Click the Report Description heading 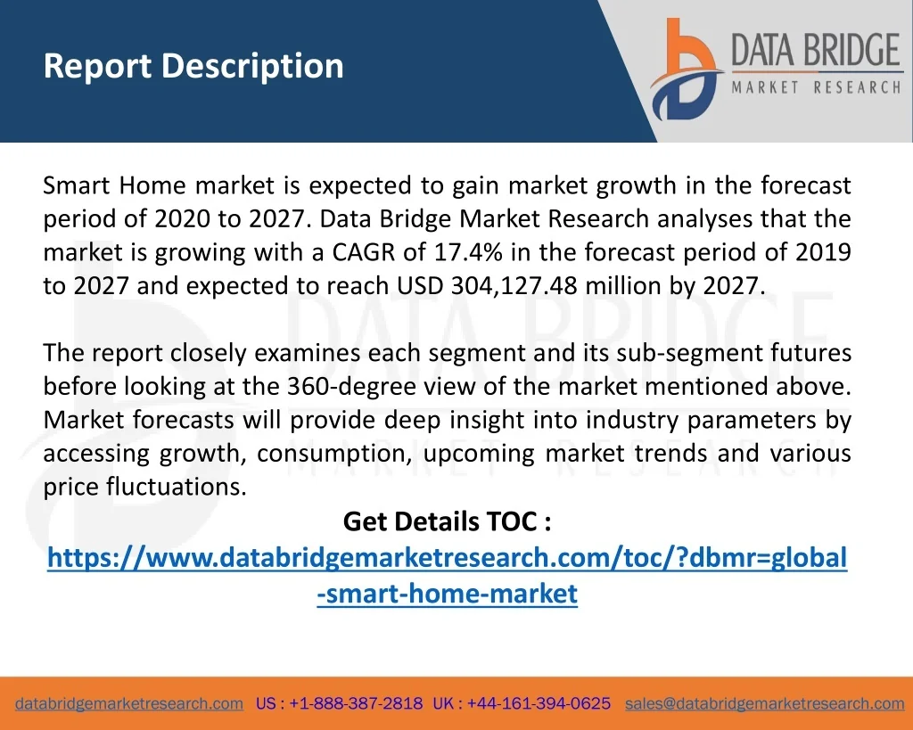point(193,66)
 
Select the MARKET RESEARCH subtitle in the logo point(817,87)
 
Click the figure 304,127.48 point(514,286)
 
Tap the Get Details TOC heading point(448,521)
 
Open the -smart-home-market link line point(448,594)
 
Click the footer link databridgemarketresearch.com point(129,704)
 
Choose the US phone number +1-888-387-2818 point(356,704)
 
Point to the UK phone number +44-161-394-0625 point(539,704)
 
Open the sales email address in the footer point(765,704)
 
